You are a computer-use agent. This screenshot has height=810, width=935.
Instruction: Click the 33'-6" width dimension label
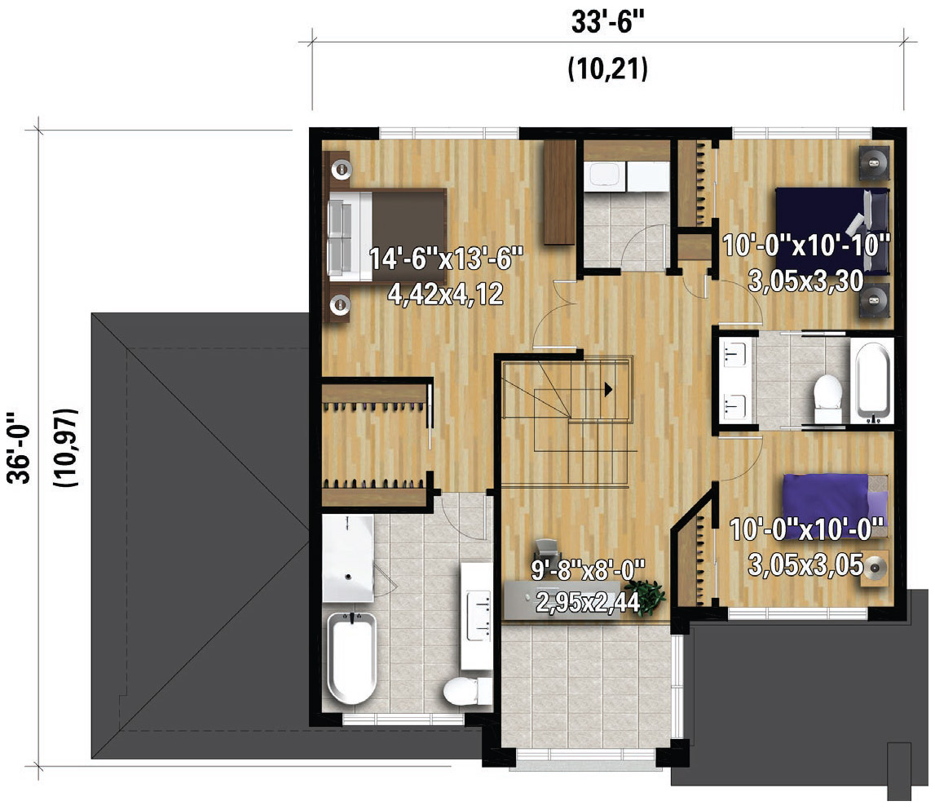click(607, 22)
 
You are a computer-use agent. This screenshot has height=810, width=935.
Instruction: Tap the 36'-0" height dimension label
click(20, 446)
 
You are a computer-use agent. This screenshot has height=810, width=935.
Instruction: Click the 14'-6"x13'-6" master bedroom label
click(446, 259)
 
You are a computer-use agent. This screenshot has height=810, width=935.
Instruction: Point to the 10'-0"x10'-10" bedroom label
click(806, 245)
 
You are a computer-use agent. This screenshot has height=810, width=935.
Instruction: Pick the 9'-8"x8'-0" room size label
click(588, 569)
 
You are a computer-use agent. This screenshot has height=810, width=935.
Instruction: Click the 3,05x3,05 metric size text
click(806, 564)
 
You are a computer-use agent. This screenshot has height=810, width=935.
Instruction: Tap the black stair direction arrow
click(608, 390)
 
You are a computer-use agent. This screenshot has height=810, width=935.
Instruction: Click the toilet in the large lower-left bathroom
click(468, 691)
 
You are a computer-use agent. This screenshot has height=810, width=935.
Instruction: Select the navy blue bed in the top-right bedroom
click(831, 230)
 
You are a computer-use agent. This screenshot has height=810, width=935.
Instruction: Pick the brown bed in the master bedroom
click(387, 235)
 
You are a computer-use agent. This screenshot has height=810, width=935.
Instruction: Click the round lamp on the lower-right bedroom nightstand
click(875, 568)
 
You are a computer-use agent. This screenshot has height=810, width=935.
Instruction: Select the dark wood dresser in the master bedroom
click(559, 192)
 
